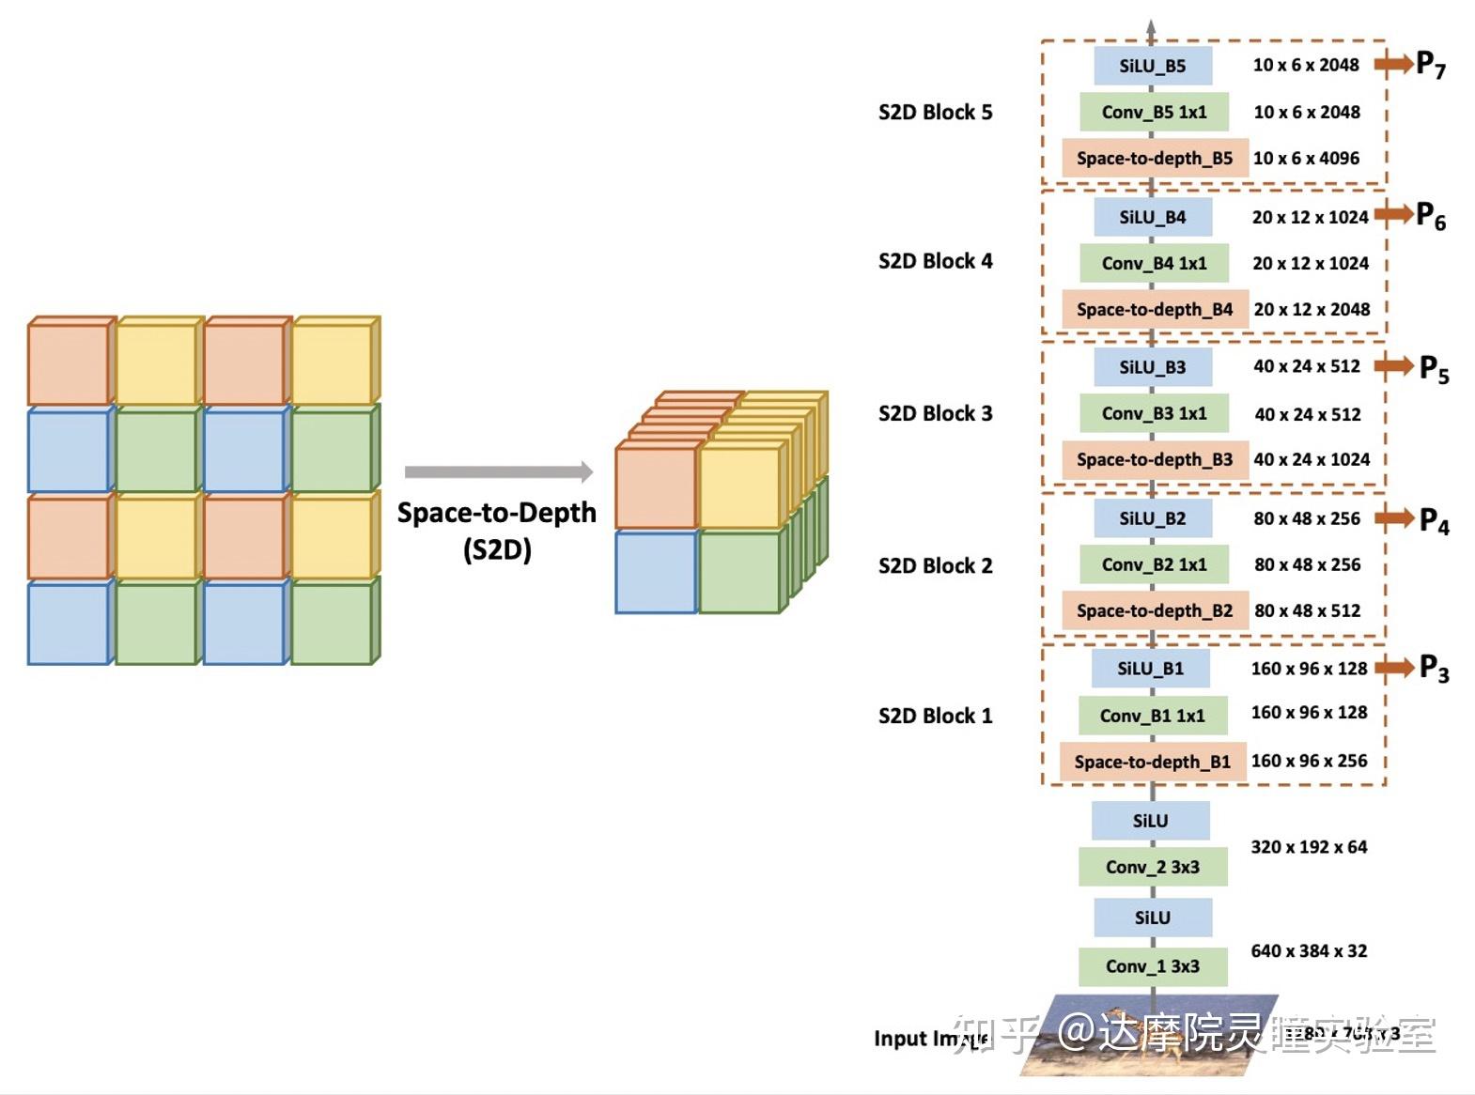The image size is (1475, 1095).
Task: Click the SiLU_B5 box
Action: pyautogui.click(x=1153, y=66)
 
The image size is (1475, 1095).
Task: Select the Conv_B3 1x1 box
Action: pyautogui.click(x=1154, y=413)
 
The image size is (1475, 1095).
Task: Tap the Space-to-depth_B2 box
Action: pyautogui.click(x=1155, y=610)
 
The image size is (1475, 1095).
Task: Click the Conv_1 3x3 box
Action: pyautogui.click(x=1153, y=966)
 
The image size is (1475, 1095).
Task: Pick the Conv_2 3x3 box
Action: pyautogui.click(x=1153, y=867)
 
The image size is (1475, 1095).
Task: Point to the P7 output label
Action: pyautogui.click(x=1431, y=66)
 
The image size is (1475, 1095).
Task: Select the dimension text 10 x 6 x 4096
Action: pyautogui.click(x=1306, y=158)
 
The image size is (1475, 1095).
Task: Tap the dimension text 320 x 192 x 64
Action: pyautogui.click(x=1309, y=847)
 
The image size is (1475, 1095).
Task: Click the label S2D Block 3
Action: pyautogui.click(x=935, y=413)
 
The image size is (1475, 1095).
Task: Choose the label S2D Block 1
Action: pyautogui.click(x=935, y=716)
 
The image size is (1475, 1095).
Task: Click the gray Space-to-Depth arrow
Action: pyautogui.click(x=498, y=471)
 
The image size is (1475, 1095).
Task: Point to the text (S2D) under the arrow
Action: pyautogui.click(x=497, y=549)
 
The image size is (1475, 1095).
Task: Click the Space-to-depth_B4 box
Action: pyautogui.click(x=1155, y=309)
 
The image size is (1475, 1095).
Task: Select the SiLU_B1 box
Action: pyautogui.click(x=1150, y=669)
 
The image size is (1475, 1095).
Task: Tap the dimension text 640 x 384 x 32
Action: pyautogui.click(x=1309, y=950)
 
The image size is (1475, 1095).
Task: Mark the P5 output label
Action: pyautogui.click(x=1434, y=368)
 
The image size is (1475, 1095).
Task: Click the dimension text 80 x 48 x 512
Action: pyautogui.click(x=1307, y=610)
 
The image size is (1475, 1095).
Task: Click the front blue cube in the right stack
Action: pyautogui.click(x=656, y=572)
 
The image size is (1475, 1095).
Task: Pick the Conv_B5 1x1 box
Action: pyautogui.click(x=1154, y=112)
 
